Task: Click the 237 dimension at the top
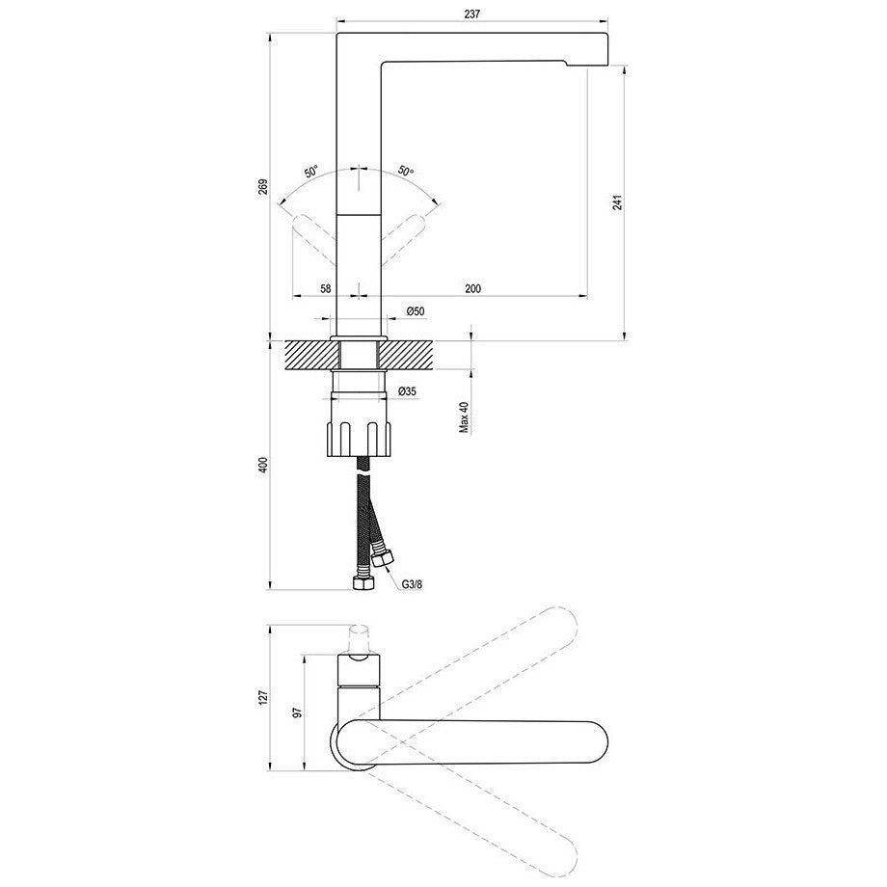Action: [x=471, y=13]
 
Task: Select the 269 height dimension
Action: [x=262, y=187]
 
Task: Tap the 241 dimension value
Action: [x=617, y=202]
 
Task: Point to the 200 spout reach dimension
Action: [x=473, y=288]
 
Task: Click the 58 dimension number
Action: [x=325, y=288]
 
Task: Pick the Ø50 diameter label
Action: [x=416, y=311]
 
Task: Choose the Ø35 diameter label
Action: [x=407, y=390]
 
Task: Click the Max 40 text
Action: [x=464, y=418]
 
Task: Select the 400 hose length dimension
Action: [x=262, y=465]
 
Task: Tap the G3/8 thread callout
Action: [x=413, y=585]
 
